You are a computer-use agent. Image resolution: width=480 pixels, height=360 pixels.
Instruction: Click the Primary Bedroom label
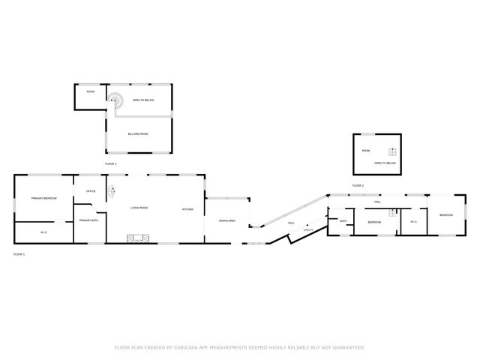tap(43, 198)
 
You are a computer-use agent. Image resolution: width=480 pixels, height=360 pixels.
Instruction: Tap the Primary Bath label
tap(89, 220)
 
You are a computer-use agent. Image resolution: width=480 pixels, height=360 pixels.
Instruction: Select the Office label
tap(90, 191)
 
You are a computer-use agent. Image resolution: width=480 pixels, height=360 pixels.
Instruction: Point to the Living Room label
tap(139, 208)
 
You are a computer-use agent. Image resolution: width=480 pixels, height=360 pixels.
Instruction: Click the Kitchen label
tap(187, 209)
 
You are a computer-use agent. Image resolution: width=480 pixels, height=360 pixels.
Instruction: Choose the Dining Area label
tap(227, 220)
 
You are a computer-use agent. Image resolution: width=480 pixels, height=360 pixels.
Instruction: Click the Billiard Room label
tap(139, 133)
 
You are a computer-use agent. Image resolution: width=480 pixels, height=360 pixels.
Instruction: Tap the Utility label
tap(307, 230)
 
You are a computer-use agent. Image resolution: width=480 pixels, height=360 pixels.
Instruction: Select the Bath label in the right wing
tap(343, 221)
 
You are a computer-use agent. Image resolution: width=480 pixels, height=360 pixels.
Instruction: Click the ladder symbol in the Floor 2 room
tap(390, 152)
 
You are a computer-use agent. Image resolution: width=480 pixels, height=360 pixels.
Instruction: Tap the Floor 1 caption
tap(19, 255)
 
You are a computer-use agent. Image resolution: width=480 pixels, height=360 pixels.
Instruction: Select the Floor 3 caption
tap(110, 163)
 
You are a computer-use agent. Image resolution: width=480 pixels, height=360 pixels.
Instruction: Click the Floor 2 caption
tap(358, 185)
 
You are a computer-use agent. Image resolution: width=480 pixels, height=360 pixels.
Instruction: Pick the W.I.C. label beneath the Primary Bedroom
tap(43, 232)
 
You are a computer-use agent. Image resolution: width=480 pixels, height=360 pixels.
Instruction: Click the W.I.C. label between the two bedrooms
tap(413, 221)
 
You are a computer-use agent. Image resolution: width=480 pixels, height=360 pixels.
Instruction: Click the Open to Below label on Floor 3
tap(142, 100)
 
